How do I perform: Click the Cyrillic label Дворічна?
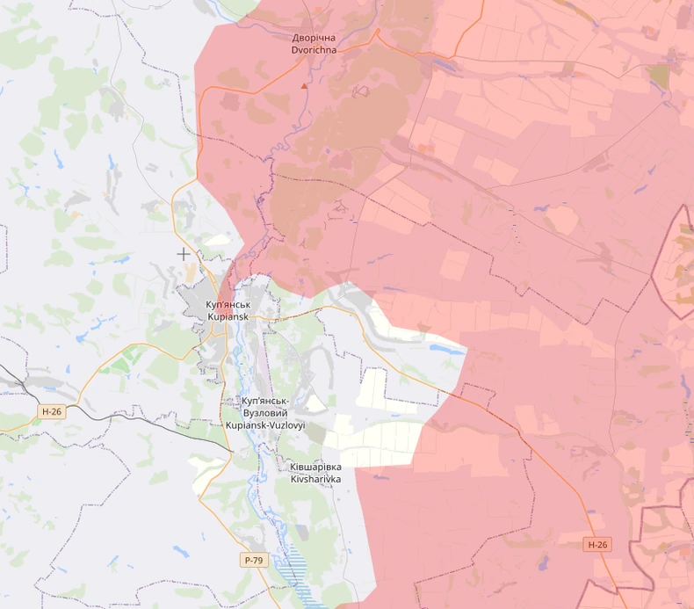314,39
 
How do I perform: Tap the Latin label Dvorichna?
314,50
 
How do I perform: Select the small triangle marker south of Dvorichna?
305,86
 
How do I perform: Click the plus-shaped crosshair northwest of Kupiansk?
183,254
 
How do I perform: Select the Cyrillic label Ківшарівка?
315,468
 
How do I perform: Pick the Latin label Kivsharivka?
315,479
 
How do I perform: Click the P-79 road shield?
254,560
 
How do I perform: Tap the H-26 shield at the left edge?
52,411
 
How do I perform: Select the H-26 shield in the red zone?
596,545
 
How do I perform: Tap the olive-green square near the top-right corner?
658,76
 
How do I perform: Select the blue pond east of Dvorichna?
439,64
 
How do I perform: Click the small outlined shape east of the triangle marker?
359,91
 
